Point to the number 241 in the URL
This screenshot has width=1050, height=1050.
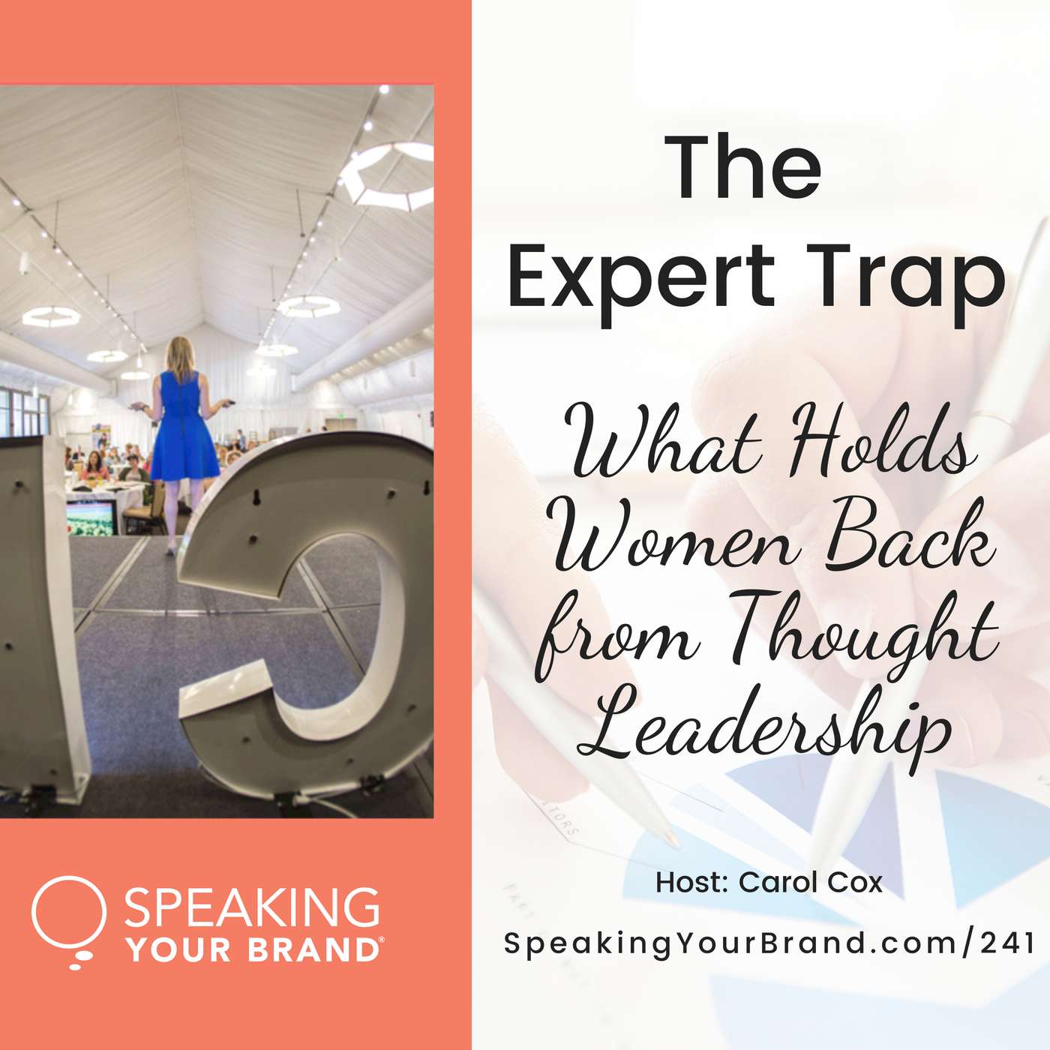(1008, 943)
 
